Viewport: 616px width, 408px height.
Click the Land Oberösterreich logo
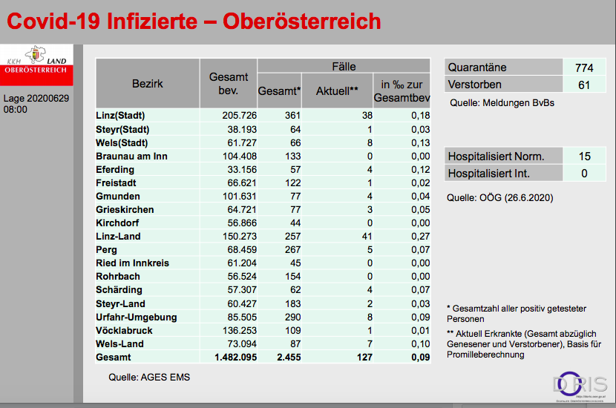pos(36,64)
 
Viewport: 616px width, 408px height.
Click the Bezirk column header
pos(148,84)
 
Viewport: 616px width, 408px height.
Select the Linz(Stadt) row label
pos(120,116)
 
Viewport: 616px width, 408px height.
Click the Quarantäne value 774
pos(583,68)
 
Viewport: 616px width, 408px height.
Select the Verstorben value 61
pos(583,85)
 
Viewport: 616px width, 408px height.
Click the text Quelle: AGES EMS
pos(149,377)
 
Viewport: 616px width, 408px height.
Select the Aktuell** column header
pos(338,91)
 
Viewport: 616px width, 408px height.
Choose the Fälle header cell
pos(343,65)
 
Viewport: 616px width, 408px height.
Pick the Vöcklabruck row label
pos(125,330)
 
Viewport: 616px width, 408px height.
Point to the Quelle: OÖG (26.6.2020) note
pos(499,198)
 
